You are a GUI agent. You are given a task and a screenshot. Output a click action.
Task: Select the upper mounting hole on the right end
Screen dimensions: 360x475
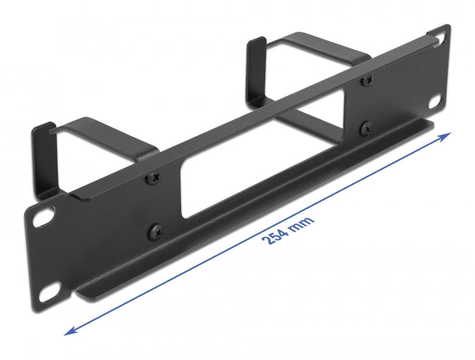click(441, 39)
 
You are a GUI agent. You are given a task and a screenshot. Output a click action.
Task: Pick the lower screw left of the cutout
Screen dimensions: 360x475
click(155, 230)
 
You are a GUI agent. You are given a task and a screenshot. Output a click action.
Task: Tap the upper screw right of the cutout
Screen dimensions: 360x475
click(366, 79)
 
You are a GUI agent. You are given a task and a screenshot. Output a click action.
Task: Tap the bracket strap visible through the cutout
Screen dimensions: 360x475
click(305, 133)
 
